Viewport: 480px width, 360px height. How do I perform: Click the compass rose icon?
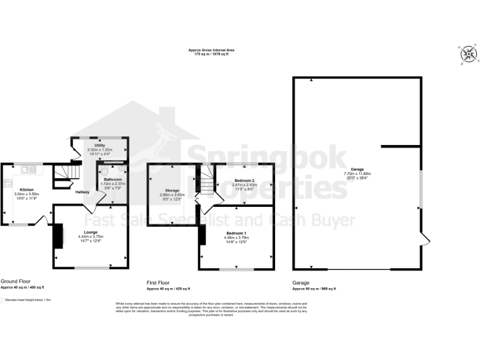pyautogui.click(x=467, y=55)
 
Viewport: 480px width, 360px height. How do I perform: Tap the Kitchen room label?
pyautogui.click(x=26, y=189)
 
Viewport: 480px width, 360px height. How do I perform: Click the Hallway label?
pyautogui.click(x=82, y=192)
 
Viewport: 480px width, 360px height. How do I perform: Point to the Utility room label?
pyautogui.click(x=99, y=146)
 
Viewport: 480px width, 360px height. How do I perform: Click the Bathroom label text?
pyautogui.click(x=113, y=179)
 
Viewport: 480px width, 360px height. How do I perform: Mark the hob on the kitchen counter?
pyautogui.click(x=8, y=183)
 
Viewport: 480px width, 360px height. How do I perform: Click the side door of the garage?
pyautogui.click(x=425, y=239)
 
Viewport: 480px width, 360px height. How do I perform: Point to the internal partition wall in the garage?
pyautogui.click(x=401, y=146)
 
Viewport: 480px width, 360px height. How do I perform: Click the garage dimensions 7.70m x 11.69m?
pyautogui.click(x=357, y=173)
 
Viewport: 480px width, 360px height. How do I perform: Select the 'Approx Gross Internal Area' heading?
pyautogui.click(x=211, y=50)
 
